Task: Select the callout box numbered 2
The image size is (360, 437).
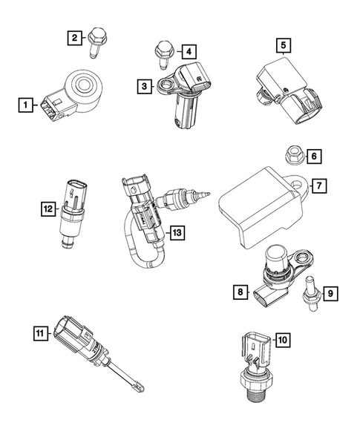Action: click(73, 36)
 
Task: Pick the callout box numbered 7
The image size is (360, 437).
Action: click(317, 185)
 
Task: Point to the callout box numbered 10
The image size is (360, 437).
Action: click(281, 341)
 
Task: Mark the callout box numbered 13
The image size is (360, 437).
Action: click(176, 233)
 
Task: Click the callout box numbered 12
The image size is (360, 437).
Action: click(48, 210)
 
